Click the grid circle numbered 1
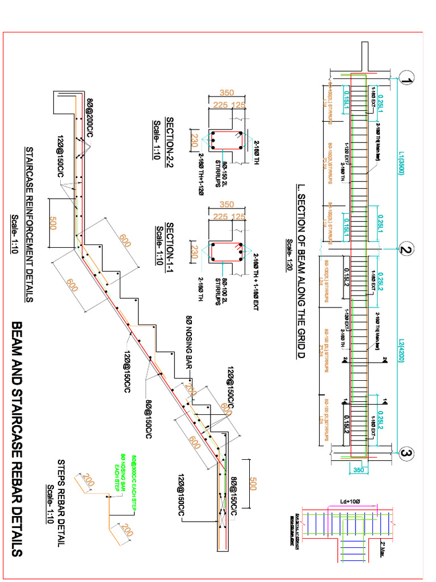405,80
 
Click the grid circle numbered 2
405,249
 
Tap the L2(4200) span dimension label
400,351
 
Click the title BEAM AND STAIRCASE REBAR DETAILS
17,438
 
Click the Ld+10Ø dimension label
346,501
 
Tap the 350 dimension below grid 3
359,470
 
